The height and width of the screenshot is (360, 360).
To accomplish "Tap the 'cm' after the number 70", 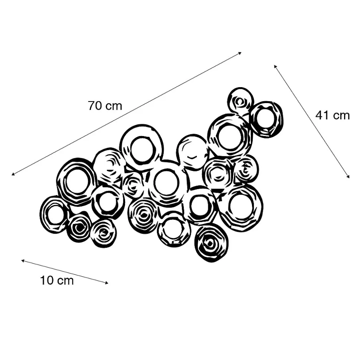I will tap(114, 106).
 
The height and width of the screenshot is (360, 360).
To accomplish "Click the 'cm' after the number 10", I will tap(66, 281).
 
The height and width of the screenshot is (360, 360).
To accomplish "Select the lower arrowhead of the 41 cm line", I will tap(348, 177).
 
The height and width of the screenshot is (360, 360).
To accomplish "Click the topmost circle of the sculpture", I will tap(240, 100).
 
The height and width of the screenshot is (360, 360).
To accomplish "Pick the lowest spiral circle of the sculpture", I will tap(211, 243).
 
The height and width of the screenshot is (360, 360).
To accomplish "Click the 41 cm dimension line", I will tap(312, 121).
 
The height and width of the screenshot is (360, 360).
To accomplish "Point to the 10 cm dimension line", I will tap(65, 272).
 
